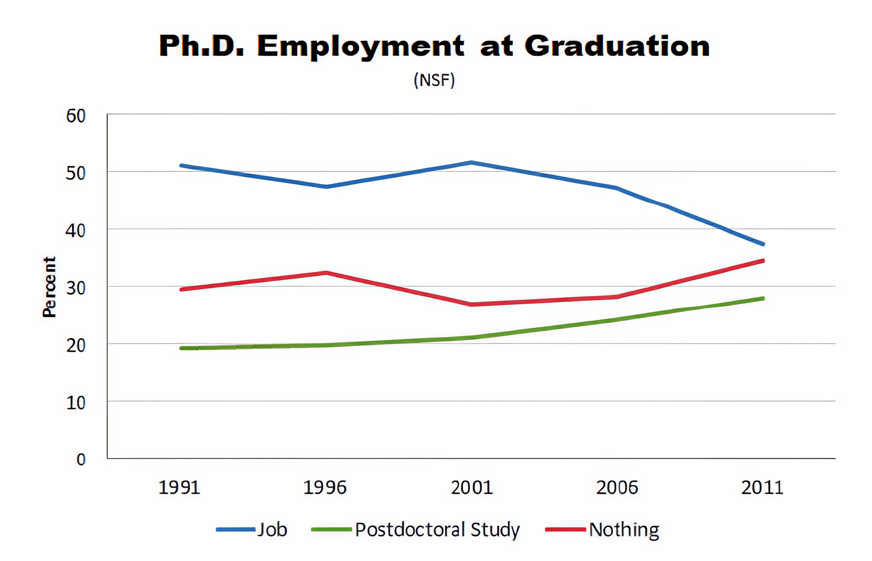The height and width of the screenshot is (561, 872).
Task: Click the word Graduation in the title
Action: coord(617,46)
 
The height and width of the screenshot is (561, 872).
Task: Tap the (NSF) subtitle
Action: coord(434,80)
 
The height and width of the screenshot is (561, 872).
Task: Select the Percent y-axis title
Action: coord(49,287)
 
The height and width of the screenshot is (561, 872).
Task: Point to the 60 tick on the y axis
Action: coord(76,116)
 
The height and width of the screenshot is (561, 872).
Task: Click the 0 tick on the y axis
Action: coord(81,459)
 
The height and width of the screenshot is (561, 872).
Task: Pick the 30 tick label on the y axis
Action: coord(76,288)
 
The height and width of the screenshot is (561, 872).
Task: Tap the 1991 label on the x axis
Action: coord(179,487)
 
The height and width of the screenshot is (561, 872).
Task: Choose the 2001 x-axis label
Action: coord(472,487)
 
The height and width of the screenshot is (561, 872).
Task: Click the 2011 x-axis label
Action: coord(762,487)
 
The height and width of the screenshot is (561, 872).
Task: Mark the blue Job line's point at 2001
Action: coord(472,162)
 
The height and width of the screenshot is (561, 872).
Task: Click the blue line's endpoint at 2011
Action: coord(763,244)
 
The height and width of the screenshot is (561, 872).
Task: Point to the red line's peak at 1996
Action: coord(326,273)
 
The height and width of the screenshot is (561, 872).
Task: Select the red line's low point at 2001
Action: coord(471,304)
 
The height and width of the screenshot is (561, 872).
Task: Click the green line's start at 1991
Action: coord(182,348)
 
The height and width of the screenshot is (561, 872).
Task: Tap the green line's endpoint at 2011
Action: coord(763,299)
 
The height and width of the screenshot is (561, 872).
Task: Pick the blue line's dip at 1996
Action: coord(326,187)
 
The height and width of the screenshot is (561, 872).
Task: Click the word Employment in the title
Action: coord(361,46)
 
